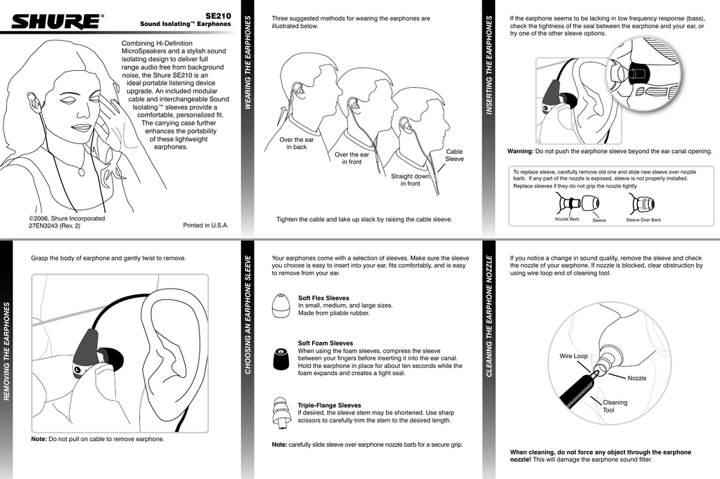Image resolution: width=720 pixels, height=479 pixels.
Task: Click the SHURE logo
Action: pos(56,22)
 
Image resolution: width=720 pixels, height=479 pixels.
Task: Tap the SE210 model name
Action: pos(218,15)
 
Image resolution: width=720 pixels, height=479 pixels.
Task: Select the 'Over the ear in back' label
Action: pos(296,143)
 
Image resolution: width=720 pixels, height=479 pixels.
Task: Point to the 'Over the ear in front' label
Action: pos(352,158)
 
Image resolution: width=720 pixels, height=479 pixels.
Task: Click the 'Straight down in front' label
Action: pos(410,180)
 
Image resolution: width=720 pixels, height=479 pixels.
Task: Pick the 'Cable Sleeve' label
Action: pos(454,155)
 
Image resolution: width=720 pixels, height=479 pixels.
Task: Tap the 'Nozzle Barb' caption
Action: pos(567,220)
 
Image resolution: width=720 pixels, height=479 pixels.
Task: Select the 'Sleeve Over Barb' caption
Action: pos(643,220)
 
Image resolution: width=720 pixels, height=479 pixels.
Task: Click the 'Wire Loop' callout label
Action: pos(573,356)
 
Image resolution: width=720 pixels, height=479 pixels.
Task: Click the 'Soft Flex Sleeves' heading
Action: pos(323,298)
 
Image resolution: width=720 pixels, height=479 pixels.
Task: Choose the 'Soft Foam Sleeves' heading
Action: pos(326,343)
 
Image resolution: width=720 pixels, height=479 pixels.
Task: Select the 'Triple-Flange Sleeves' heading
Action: pos(329,405)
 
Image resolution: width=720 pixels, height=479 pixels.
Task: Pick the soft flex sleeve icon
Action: pos(281,306)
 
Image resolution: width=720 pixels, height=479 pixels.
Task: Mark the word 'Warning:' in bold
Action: pos(520,151)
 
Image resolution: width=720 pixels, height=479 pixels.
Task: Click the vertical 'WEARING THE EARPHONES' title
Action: pos(247,63)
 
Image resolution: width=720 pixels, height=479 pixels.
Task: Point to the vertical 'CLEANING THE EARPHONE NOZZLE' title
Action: pos(489,316)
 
